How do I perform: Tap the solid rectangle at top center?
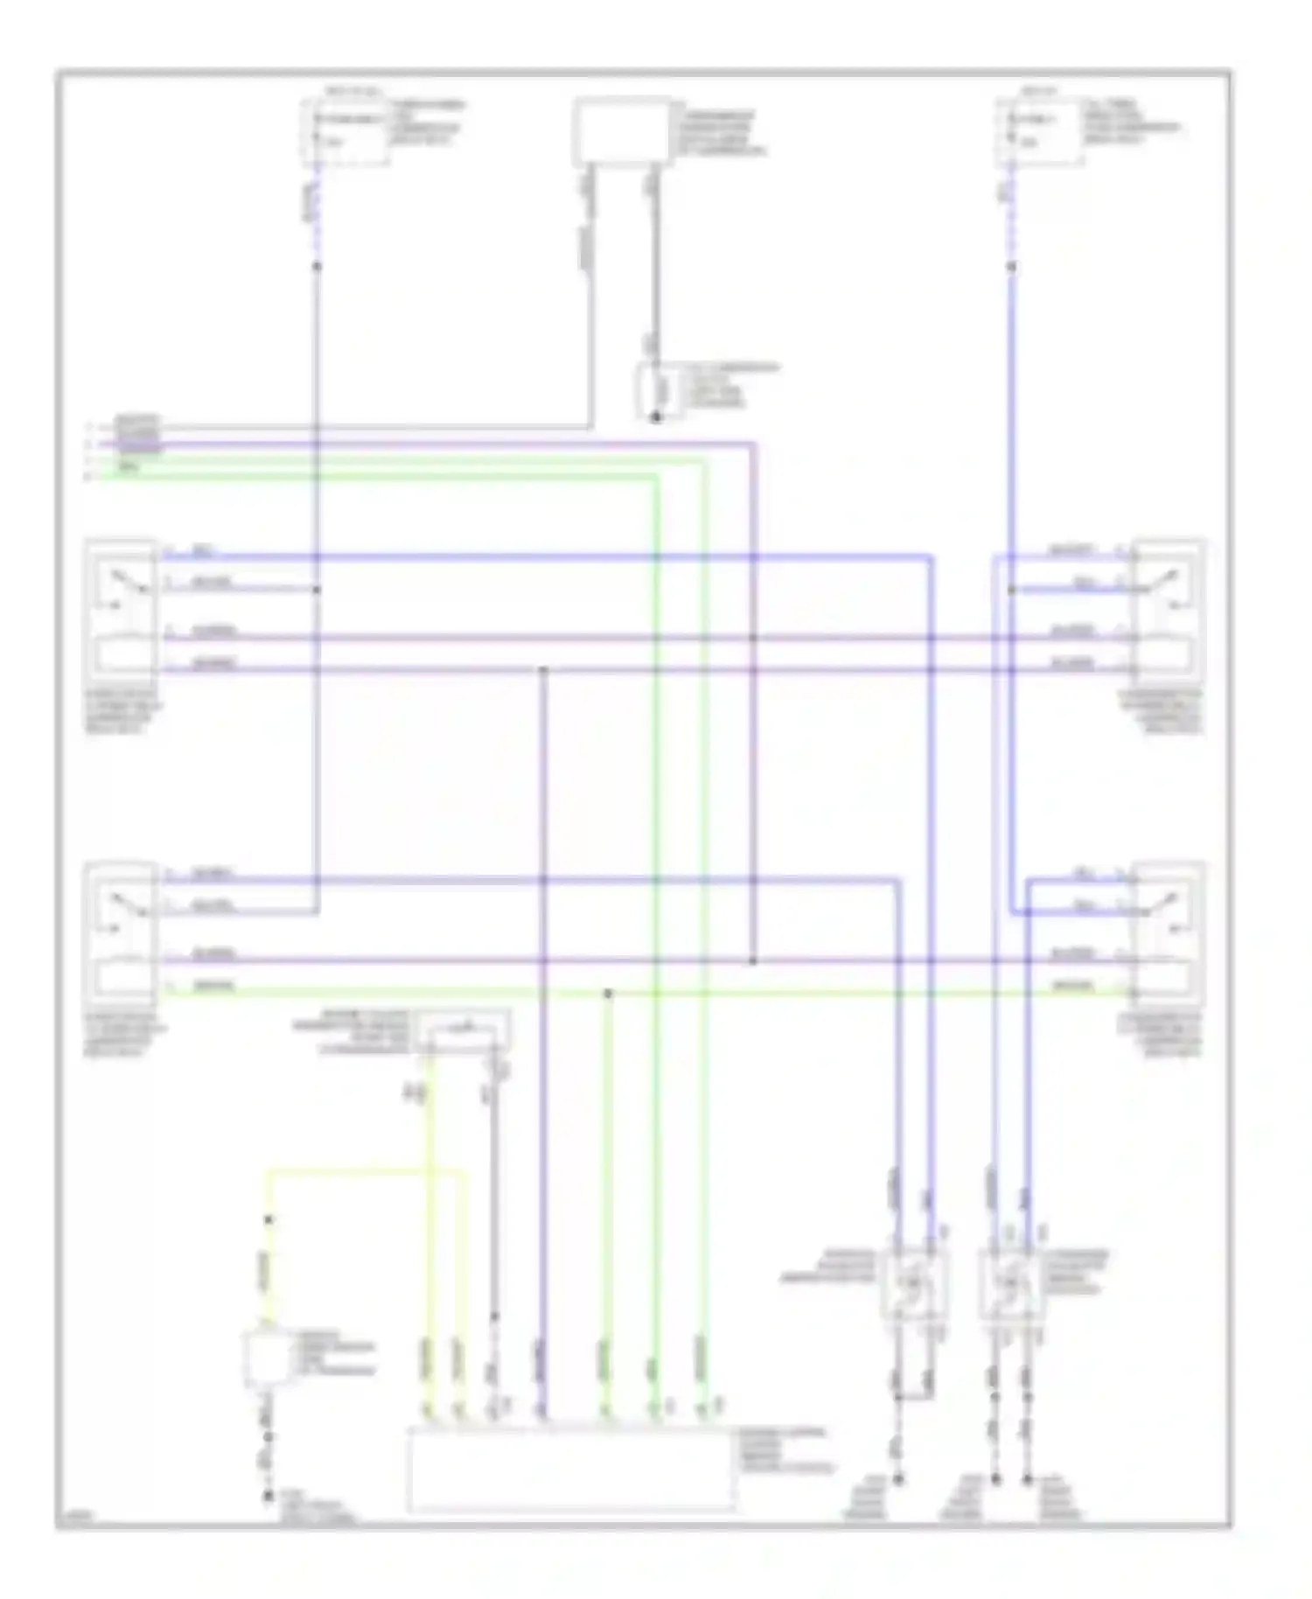pyautogui.click(x=621, y=131)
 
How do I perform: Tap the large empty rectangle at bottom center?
pyautogui.click(x=570, y=1470)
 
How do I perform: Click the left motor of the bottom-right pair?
pyautogui.click(x=912, y=1284)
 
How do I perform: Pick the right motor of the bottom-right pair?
pyautogui.click(x=1009, y=1284)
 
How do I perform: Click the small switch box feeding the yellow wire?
pyautogui.click(x=464, y=1030)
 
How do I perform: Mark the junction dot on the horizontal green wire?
pyautogui.click(x=608, y=994)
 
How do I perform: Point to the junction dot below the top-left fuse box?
pyautogui.click(x=317, y=265)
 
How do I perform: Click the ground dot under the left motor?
pyautogui.click(x=898, y=1480)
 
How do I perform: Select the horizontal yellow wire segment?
pyautogui.click(x=367, y=1170)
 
